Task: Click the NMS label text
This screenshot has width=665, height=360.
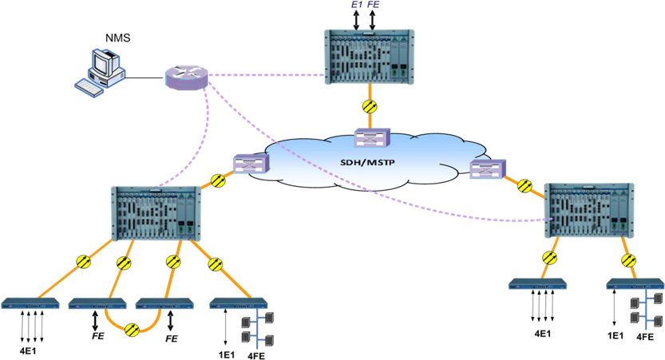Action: (x=117, y=38)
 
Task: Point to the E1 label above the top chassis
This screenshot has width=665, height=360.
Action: (x=356, y=5)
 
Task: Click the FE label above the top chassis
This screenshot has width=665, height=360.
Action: (x=374, y=5)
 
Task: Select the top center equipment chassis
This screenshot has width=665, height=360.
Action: (x=370, y=57)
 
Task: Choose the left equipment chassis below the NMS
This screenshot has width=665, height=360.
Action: (x=156, y=213)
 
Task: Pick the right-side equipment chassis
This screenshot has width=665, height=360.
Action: (x=589, y=210)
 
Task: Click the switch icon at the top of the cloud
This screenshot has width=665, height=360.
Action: (x=371, y=138)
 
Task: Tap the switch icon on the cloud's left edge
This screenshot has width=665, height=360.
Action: (x=251, y=164)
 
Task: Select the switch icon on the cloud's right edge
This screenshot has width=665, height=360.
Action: (x=488, y=169)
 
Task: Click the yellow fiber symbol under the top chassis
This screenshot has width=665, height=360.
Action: (x=370, y=106)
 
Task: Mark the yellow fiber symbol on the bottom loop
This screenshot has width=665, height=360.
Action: (x=133, y=330)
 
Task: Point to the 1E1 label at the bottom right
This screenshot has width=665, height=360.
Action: (x=616, y=335)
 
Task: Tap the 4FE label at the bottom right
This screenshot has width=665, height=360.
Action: (x=646, y=338)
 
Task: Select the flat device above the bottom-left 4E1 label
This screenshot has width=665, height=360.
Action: (x=30, y=303)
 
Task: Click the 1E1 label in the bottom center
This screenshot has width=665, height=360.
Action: (x=227, y=355)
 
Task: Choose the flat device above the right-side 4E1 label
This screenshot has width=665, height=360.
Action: (x=538, y=284)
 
